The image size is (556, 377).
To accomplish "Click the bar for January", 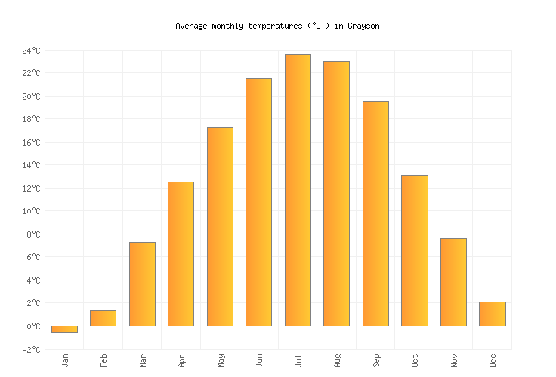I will click(64, 329).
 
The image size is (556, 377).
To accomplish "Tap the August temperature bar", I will click(336, 193).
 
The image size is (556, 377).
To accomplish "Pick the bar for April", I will click(181, 253).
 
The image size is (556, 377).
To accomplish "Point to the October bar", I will click(414, 250).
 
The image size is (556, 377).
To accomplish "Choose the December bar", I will click(492, 314).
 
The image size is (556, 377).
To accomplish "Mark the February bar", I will click(103, 317).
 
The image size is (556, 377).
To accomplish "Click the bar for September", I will click(375, 213).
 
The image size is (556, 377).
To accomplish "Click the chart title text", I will click(277, 26).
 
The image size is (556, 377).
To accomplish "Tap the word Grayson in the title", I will click(363, 26).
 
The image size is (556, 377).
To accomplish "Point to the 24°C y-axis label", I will click(31, 51).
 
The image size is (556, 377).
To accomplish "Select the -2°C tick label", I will click(31, 349).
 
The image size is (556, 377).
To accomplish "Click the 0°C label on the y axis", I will click(33, 326).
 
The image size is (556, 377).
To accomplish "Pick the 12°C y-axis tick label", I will click(31, 188).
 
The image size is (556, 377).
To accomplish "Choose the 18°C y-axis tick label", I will click(31, 119).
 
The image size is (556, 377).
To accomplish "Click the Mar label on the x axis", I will click(143, 360).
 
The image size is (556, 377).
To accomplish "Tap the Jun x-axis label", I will click(259, 360).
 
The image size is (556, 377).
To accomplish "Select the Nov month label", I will click(453, 360).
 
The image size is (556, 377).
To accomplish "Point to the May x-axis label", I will click(221, 360).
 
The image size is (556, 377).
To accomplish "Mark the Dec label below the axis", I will click(493, 360).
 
